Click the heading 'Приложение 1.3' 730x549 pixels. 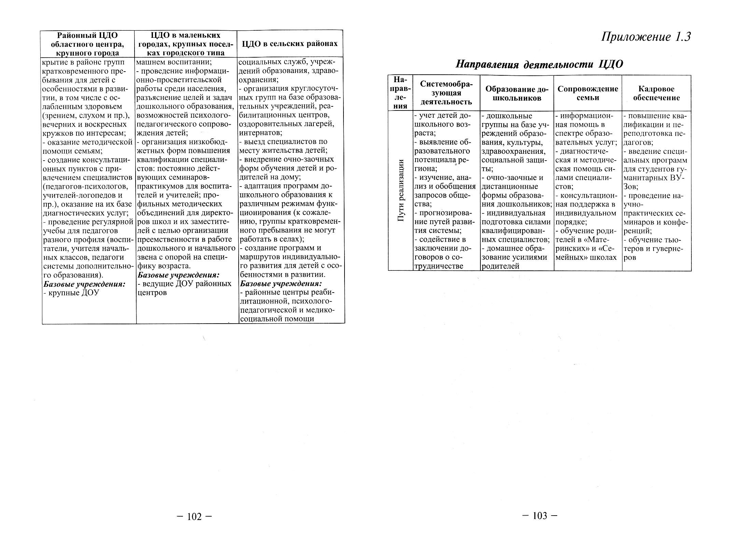(x=646, y=37)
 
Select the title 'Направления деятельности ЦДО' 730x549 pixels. (x=539, y=64)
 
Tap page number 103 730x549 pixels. (x=540, y=516)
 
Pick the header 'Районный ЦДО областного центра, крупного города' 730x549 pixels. (x=87, y=44)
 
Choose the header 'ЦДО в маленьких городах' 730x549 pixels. (x=186, y=44)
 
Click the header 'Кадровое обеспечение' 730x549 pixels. (x=656, y=93)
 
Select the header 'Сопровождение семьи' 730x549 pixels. (x=588, y=93)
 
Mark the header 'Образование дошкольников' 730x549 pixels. (x=517, y=93)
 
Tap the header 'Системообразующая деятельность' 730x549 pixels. (x=446, y=93)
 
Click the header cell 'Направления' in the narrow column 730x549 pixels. (x=400, y=93)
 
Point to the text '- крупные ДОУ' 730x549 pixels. (x=71, y=293)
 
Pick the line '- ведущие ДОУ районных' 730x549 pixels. (x=184, y=284)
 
